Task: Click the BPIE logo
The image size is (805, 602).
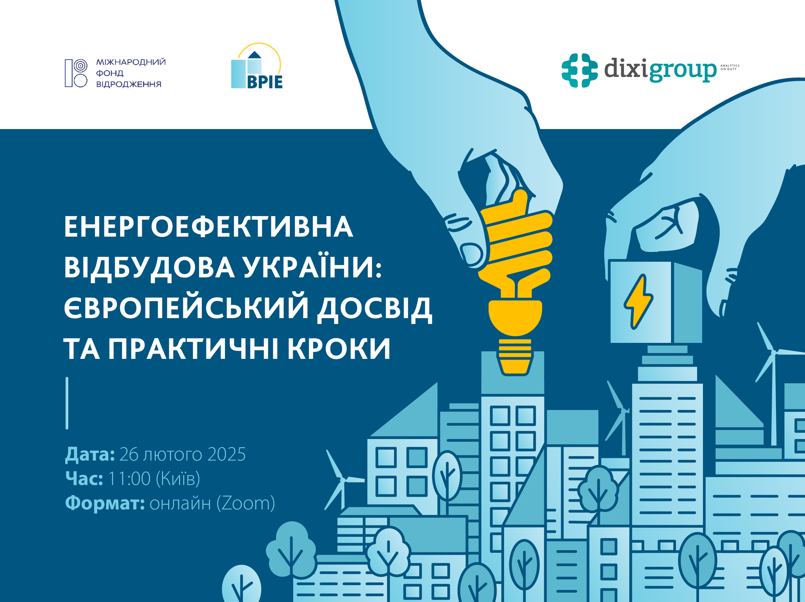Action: (x=257, y=66)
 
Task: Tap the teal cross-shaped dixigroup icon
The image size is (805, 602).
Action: (x=579, y=70)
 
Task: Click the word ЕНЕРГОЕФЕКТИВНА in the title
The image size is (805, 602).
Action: (x=209, y=227)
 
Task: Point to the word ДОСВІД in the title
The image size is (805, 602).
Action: (x=375, y=308)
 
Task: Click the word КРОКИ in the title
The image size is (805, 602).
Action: (x=339, y=349)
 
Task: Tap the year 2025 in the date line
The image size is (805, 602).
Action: (x=226, y=454)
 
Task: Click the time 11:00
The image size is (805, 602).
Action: (x=129, y=479)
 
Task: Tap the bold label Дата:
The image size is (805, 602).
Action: (x=90, y=455)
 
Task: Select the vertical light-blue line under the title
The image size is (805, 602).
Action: (x=67, y=403)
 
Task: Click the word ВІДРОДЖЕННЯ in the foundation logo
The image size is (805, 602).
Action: (x=128, y=84)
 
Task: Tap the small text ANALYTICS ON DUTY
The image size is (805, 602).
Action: (x=730, y=67)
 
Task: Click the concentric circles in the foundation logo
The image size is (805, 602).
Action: (x=81, y=66)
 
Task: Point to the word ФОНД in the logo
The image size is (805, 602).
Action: (x=110, y=73)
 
